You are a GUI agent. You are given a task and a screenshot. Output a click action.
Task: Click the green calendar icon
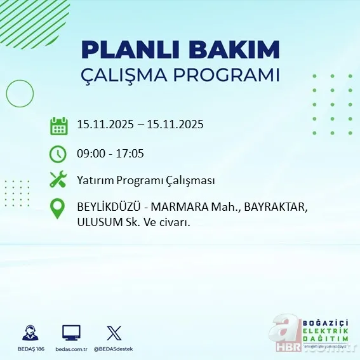point(58,126)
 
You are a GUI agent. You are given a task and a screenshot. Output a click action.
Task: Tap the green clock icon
point(58,153)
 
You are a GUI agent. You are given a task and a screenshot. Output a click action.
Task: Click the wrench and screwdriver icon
point(58,180)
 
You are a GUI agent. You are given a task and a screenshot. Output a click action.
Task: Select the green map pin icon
point(58,209)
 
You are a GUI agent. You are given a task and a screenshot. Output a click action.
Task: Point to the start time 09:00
point(91,153)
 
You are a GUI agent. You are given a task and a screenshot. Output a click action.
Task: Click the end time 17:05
point(131,153)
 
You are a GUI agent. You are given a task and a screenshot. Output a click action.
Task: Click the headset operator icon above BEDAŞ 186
point(29,333)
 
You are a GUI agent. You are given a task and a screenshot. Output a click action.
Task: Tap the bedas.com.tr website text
point(71,349)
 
